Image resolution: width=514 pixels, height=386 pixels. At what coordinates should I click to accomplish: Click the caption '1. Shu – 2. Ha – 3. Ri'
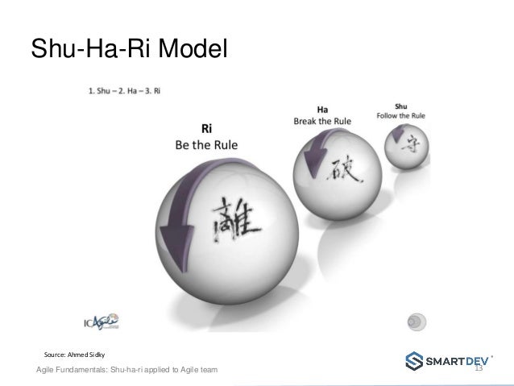click(124, 90)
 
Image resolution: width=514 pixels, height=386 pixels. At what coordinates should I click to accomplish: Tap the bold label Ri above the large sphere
click(206, 127)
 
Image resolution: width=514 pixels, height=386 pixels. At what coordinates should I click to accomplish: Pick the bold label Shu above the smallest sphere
click(401, 105)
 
